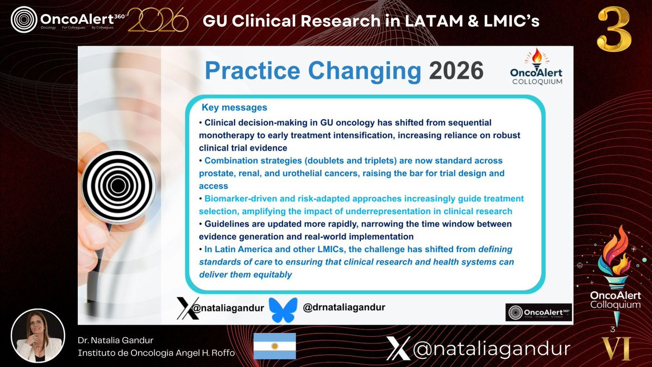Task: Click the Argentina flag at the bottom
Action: coord(274,346)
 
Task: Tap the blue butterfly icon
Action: coord(283,309)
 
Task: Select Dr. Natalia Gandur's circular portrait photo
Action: coord(38,336)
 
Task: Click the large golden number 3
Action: coord(614,29)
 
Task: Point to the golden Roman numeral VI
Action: coord(616,349)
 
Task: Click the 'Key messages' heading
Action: coord(234,108)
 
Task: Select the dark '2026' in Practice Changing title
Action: coord(456,71)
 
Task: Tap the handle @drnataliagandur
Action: coord(344,307)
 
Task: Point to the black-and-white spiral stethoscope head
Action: coord(118,185)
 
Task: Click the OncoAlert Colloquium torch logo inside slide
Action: coord(537,67)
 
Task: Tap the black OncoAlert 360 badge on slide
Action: coord(539,312)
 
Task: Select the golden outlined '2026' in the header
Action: coord(158,20)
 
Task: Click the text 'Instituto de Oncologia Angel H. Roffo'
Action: coord(156,353)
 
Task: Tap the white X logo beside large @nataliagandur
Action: coord(398,349)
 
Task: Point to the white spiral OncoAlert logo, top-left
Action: coord(24,20)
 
